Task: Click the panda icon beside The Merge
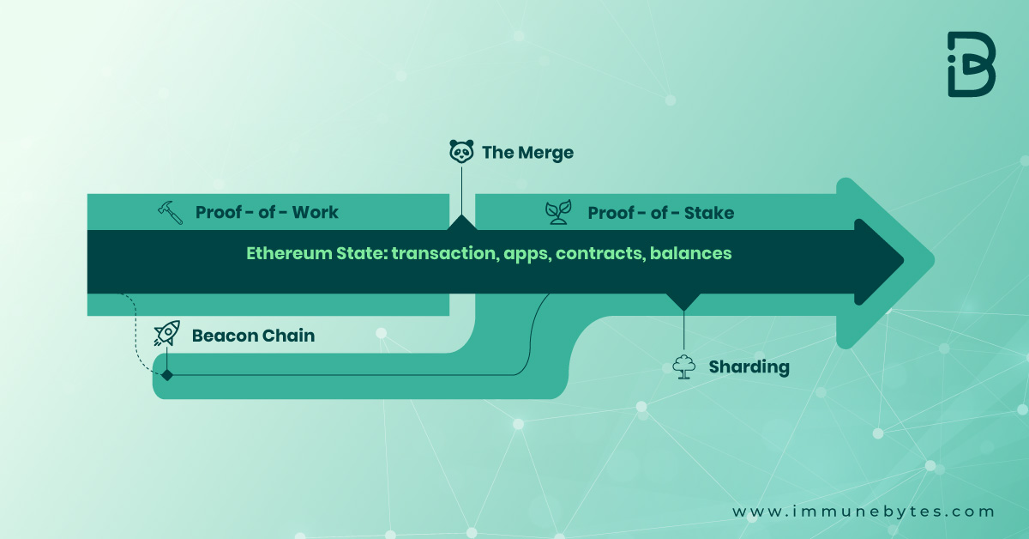tap(461, 152)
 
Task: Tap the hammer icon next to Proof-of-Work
tap(171, 212)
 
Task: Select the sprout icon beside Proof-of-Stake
tap(558, 212)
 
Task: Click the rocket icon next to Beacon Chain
tap(166, 334)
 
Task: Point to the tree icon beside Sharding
tap(683, 367)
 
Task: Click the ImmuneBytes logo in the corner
tap(971, 64)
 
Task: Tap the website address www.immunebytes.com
tap(863, 512)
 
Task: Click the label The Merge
tap(527, 153)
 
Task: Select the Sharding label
tap(749, 367)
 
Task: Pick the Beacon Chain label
tap(253, 336)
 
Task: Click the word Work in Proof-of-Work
tap(316, 212)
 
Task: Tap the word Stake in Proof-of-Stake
tap(708, 212)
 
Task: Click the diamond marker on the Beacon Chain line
tap(167, 375)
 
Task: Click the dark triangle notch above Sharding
tap(683, 301)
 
